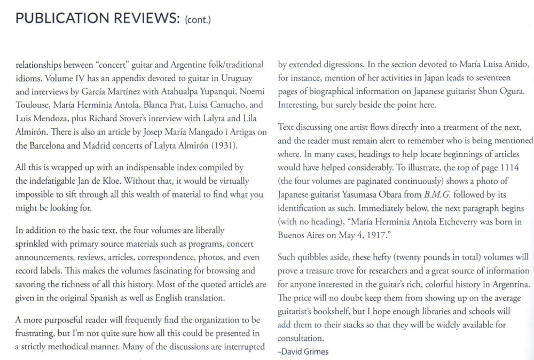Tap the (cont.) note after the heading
pos(198,20)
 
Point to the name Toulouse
pos(34,105)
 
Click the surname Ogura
pos(510,92)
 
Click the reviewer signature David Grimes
pos(304,351)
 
